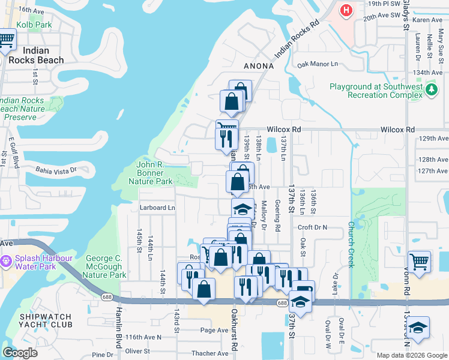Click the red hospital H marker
[346, 10]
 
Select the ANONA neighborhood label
[258, 66]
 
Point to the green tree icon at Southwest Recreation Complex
[431, 90]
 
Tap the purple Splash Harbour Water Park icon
[6, 261]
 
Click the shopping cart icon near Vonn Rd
[419, 262]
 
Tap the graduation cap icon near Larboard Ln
[243, 209]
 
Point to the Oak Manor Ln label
[318, 64]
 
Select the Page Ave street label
[214, 330]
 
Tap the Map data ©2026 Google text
[412, 355]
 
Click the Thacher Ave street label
[210, 353]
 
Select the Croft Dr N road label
[313, 228]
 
